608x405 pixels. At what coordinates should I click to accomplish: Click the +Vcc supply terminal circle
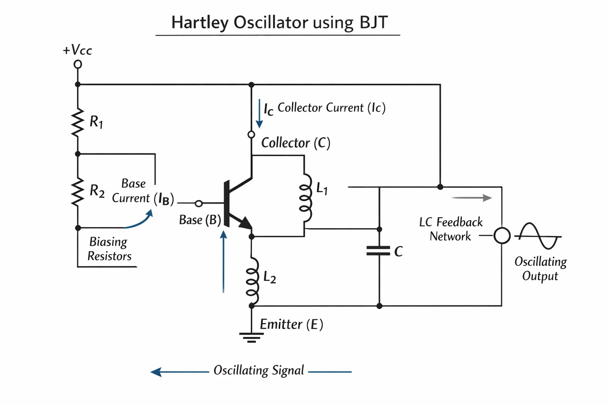click(78, 64)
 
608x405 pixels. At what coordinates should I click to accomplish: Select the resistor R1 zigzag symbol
click(78, 122)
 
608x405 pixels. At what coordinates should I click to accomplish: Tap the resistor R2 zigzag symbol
click(78, 191)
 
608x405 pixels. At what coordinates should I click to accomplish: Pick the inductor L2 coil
click(253, 281)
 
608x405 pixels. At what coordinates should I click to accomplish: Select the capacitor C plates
click(378, 251)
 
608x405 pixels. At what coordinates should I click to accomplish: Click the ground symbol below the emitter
click(251, 337)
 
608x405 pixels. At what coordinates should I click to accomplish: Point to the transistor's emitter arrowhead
click(246, 223)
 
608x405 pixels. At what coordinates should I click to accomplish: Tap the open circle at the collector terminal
click(251, 134)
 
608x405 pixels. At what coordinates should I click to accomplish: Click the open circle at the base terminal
click(199, 203)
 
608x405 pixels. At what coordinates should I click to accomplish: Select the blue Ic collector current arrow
click(260, 114)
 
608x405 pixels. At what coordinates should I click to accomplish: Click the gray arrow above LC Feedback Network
click(472, 198)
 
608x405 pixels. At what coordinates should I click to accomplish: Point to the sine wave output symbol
click(540, 236)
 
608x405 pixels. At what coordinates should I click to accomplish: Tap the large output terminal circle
click(502, 235)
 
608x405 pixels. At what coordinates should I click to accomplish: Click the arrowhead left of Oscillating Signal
click(156, 372)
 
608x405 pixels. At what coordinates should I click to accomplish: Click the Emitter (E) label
click(291, 324)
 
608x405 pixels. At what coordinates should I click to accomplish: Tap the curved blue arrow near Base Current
click(139, 220)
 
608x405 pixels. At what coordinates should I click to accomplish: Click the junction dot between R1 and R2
click(78, 154)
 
